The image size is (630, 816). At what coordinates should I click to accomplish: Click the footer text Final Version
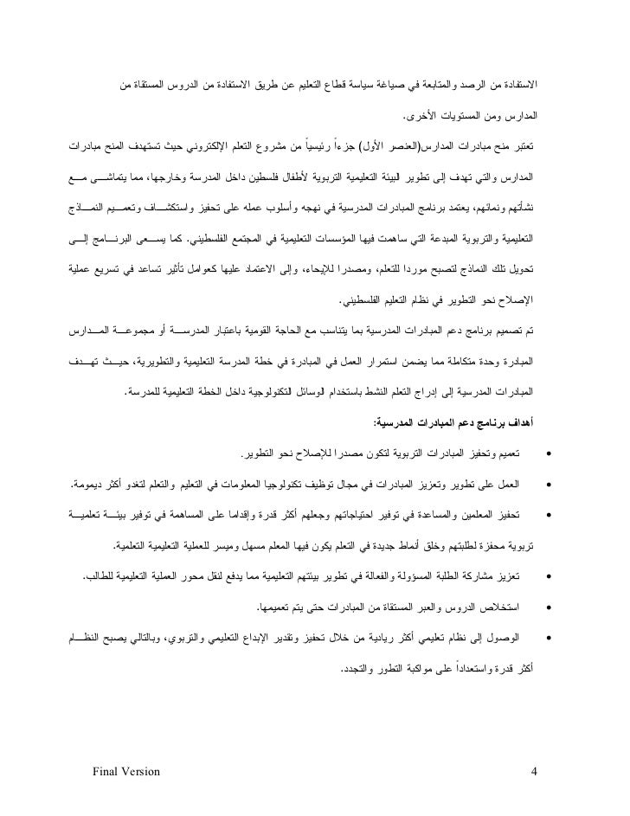coord(124,772)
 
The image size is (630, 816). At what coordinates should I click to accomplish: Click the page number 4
coord(534,772)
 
